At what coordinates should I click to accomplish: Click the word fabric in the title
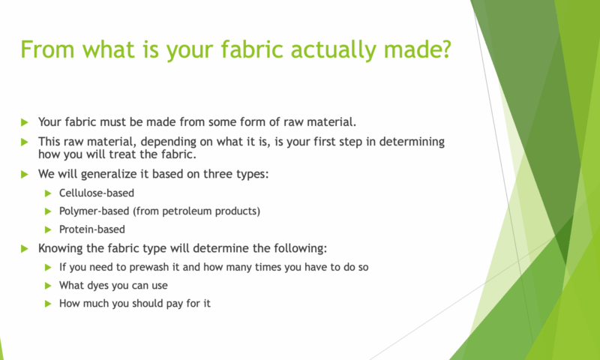[252, 49]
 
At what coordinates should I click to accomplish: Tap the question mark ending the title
[445, 49]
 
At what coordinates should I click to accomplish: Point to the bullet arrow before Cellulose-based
[48, 193]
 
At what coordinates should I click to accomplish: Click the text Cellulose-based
[97, 193]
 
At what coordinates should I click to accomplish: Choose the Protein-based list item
[91, 229]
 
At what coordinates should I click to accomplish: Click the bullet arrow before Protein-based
[48, 229]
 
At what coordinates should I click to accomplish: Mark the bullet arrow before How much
[48, 304]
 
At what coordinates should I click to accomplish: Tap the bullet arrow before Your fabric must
[25, 122]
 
